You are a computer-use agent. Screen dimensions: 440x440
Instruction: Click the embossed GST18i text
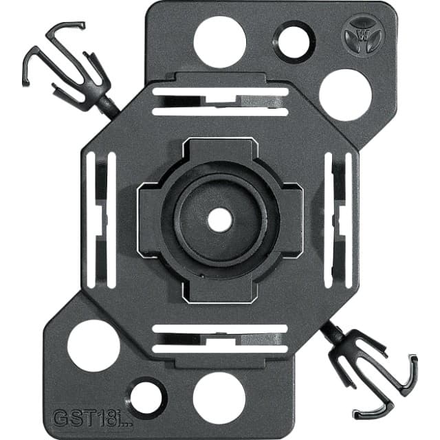pos(92,418)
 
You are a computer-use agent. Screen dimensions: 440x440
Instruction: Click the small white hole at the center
pos(220,220)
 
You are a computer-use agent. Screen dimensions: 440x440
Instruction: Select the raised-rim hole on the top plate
pos(294,43)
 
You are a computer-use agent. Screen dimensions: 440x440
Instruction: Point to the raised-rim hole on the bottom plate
pos(146,399)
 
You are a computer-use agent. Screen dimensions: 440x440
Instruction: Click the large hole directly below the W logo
pos(345,95)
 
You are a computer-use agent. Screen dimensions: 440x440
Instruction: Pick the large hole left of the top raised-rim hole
pos(220,42)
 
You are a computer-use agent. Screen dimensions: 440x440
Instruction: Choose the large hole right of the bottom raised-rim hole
pos(219,399)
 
